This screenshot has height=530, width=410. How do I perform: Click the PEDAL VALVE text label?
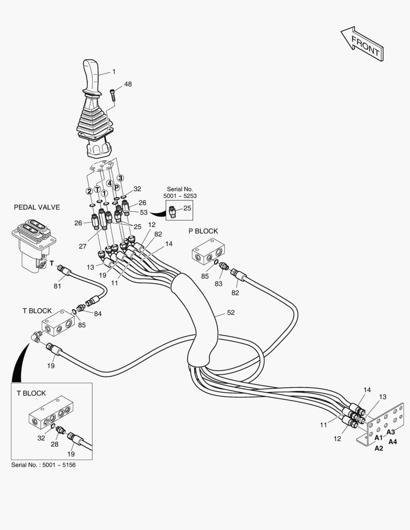point(37,207)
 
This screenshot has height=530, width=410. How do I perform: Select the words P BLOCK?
point(203,231)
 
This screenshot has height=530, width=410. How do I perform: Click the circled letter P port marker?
point(116,187)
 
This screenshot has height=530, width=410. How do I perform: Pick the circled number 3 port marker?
point(120,178)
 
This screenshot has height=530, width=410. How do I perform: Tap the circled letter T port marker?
point(97,189)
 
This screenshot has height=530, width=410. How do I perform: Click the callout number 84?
point(98,314)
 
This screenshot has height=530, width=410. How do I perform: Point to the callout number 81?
point(57,286)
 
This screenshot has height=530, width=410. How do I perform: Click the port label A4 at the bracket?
point(393,441)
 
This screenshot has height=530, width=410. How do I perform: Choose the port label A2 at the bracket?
point(379,448)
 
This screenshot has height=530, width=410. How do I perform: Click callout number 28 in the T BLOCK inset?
point(55,445)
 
